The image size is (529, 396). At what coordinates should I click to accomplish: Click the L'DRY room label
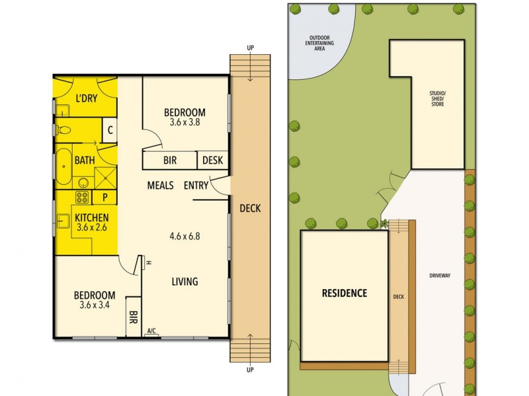pos(86,99)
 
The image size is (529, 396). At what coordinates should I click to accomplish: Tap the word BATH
pos(84,160)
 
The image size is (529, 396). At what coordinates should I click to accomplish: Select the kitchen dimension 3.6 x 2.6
pos(91,227)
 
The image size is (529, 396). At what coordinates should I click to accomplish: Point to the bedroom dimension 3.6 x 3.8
pos(185,122)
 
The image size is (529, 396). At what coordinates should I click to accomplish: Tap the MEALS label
pos(160,185)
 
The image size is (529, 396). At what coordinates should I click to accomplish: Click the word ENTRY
pos(196,185)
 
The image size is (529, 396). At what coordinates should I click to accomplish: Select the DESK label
pos(212,160)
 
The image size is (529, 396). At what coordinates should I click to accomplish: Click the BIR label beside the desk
pos(170,160)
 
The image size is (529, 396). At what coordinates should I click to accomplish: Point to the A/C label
pos(151,331)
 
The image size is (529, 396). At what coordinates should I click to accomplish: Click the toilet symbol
pos(63,129)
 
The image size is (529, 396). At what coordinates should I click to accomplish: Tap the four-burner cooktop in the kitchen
pos(83,197)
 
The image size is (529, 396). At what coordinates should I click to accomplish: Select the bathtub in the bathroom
pos(61,168)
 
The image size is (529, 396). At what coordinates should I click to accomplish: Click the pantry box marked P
pos(104,197)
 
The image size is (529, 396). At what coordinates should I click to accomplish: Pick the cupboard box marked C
pos(110,130)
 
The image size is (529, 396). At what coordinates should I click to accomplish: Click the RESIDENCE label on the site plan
pos(344,293)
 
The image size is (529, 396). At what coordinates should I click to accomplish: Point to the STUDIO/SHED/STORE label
pos(437,99)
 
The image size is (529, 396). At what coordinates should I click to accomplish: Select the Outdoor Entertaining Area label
pos(319,42)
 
